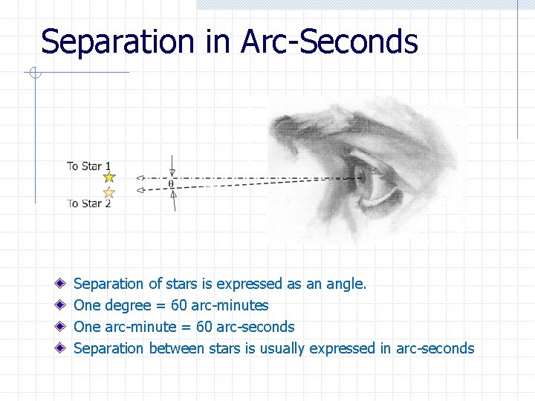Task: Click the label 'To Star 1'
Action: (88, 166)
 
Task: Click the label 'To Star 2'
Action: (88, 203)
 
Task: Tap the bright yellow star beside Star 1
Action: (109, 177)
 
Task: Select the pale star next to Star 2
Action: (109, 192)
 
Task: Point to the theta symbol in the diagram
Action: (172, 183)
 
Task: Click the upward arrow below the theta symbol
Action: (172, 200)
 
